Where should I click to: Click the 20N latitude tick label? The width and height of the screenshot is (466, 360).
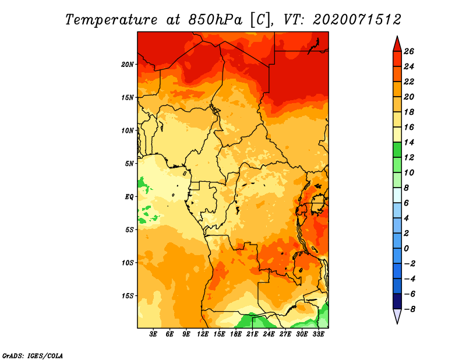[x=128, y=65]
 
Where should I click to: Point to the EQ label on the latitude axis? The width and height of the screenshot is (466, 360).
[x=129, y=197]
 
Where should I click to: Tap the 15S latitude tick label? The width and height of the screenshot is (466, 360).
[x=128, y=296]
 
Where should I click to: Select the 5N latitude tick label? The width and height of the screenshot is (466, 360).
[x=129, y=164]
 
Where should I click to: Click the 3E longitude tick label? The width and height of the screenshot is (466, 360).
[x=153, y=334]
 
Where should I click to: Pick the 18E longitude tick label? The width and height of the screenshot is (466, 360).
[x=236, y=334]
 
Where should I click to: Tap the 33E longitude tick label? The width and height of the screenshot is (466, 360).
[x=318, y=334]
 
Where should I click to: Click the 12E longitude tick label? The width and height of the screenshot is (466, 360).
[x=203, y=334]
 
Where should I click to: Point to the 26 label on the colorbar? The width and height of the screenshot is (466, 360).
[x=409, y=51]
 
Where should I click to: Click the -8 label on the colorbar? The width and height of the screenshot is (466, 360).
[x=409, y=309]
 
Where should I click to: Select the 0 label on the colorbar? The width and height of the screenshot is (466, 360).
[x=406, y=248]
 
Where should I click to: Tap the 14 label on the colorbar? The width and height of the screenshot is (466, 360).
[x=409, y=142]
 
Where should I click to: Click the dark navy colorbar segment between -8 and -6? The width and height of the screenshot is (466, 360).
[x=397, y=301]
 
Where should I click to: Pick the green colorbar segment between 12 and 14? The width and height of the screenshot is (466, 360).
[x=397, y=150]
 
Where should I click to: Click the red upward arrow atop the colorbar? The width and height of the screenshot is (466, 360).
[x=397, y=44]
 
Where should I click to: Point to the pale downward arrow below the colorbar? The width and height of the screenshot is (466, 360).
[x=397, y=316]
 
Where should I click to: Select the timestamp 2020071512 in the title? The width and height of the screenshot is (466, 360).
[x=357, y=20]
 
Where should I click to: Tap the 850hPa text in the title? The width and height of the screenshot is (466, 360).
[x=215, y=20]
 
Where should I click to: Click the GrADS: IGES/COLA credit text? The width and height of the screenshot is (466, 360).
[x=33, y=355]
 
